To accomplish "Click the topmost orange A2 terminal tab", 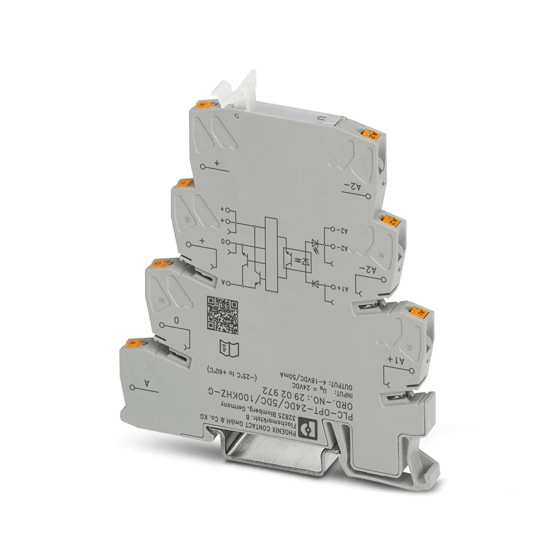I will coord(370,134).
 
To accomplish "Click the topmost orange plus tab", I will coord(203,104).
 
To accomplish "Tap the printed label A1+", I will coord(396,360).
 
